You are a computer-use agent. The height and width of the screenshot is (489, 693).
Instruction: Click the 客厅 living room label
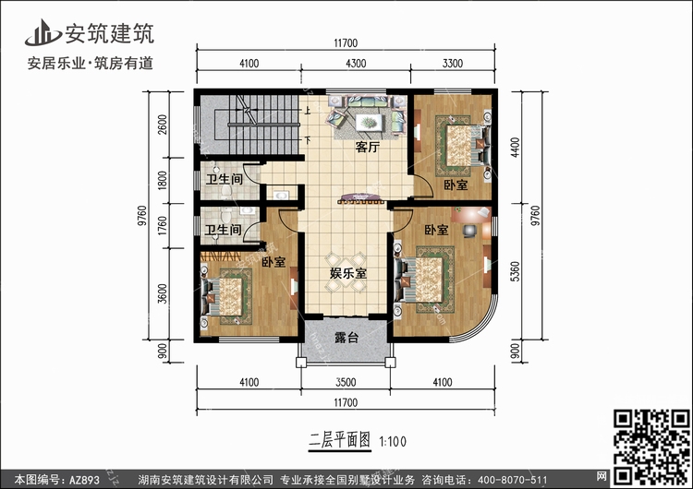[367, 147]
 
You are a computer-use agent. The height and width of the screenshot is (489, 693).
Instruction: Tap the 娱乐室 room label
[348, 273]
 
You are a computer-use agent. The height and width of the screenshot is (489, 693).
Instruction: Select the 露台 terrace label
[346, 338]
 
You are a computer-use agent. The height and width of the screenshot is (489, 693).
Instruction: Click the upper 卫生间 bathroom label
[225, 179]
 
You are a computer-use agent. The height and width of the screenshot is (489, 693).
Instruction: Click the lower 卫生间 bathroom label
[224, 230]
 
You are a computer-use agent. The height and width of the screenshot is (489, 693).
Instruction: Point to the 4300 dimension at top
[356, 64]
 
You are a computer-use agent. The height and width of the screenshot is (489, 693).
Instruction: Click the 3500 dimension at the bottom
[346, 382]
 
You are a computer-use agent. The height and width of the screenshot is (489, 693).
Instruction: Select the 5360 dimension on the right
[515, 271]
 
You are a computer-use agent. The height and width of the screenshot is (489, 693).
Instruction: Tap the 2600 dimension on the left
[163, 125]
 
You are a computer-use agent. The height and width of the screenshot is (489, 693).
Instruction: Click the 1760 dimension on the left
[163, 225]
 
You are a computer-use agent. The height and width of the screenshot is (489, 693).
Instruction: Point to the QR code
[651, 447]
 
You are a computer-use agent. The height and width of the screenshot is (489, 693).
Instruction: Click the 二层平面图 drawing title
[339, 440]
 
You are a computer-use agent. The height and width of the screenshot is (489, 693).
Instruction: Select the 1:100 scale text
[393, 441]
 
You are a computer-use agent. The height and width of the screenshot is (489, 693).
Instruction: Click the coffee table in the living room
[367, 122]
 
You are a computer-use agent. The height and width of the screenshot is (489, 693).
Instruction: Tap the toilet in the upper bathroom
[226, 191]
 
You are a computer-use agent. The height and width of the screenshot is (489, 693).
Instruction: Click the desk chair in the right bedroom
[469, 231]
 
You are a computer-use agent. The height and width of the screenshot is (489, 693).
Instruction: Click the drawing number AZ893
[84, 480]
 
